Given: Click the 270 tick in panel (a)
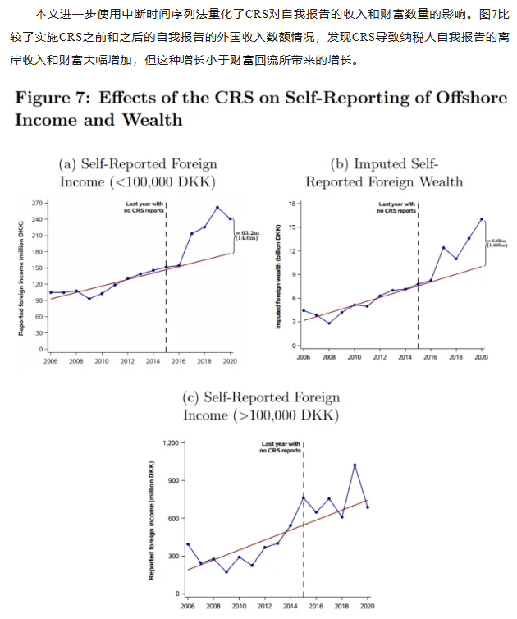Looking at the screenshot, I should click(37, 202).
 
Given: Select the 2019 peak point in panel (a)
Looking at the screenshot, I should click(217, 207).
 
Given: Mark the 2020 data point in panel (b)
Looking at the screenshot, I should click(481, 218).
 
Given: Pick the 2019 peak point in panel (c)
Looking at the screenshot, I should click(355, 465).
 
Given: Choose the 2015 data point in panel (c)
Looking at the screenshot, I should click(304, 497).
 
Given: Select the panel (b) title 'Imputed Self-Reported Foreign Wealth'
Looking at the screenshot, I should click(384, 172).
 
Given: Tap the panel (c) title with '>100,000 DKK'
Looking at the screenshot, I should click(261, 406).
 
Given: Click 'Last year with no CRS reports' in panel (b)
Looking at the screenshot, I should click(397, 207).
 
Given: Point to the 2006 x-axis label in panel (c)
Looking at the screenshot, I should click(187, 606).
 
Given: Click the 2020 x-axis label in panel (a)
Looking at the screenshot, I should click(230, 360).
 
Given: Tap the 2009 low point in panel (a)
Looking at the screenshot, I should click(89, 299).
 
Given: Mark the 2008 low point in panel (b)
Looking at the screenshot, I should click(329, 323).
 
